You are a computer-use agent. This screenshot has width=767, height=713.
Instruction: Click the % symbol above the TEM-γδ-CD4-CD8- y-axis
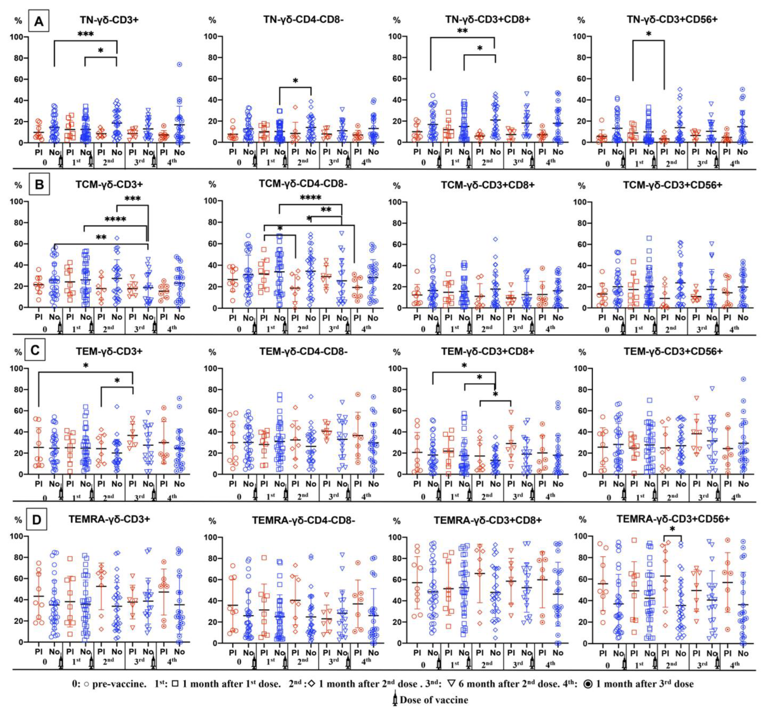pos(212,352)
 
